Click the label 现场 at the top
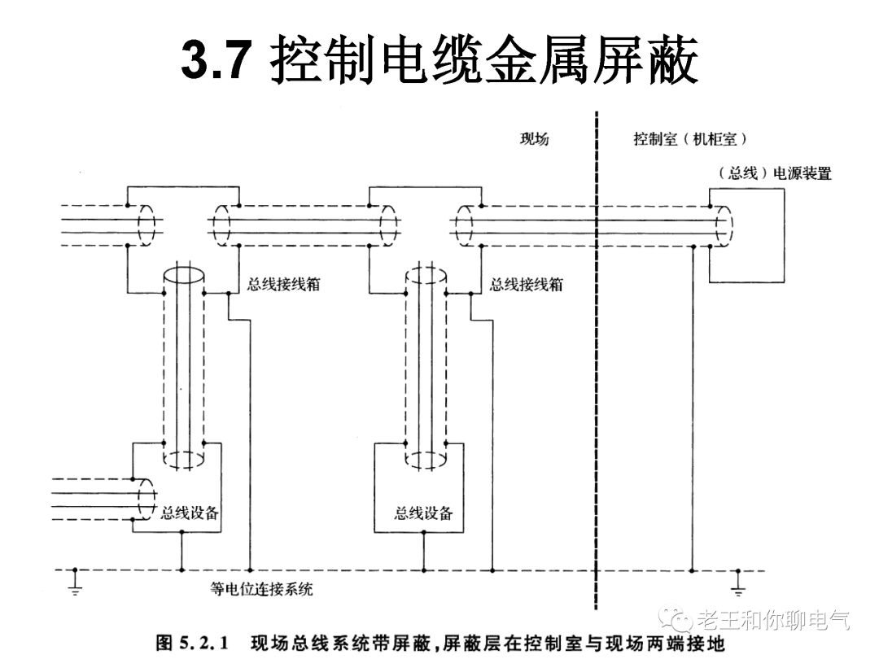click(x=534, y=139)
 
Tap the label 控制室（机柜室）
click(x=690, y=139)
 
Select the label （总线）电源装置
click(x=775, y=173)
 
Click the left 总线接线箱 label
click(x=282, y=285)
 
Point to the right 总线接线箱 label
click(x=525, y=285)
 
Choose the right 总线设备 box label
click(x=423, y=513)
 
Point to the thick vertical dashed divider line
click(x=597, y=366)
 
